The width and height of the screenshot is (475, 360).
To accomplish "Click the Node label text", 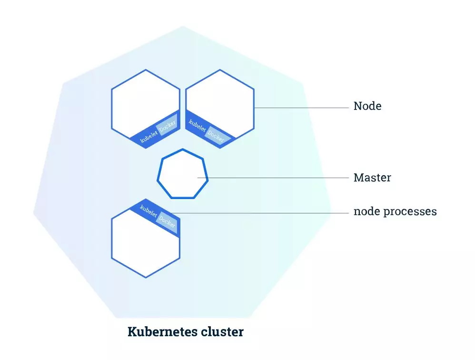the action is (367, 106).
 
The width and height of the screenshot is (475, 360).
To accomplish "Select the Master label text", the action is (372, 178).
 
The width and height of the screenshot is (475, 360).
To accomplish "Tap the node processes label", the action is (395, 211).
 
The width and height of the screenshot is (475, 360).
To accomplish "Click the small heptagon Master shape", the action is (183, 174).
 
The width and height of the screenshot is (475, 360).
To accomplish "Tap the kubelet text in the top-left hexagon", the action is (149, 137).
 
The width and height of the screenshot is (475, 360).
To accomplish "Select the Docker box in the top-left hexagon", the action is (167, 124).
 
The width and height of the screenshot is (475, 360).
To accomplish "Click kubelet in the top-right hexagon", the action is (197, 125).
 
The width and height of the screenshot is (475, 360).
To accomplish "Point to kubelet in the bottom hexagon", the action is (148, 210).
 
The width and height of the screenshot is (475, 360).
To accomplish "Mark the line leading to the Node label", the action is (302, 108).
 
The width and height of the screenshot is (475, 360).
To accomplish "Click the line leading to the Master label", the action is (273, 178).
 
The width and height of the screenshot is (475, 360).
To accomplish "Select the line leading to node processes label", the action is (259, 213).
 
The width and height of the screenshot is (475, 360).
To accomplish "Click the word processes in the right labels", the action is (410, 212).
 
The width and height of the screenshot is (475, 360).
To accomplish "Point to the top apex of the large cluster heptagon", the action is (183, 26).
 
